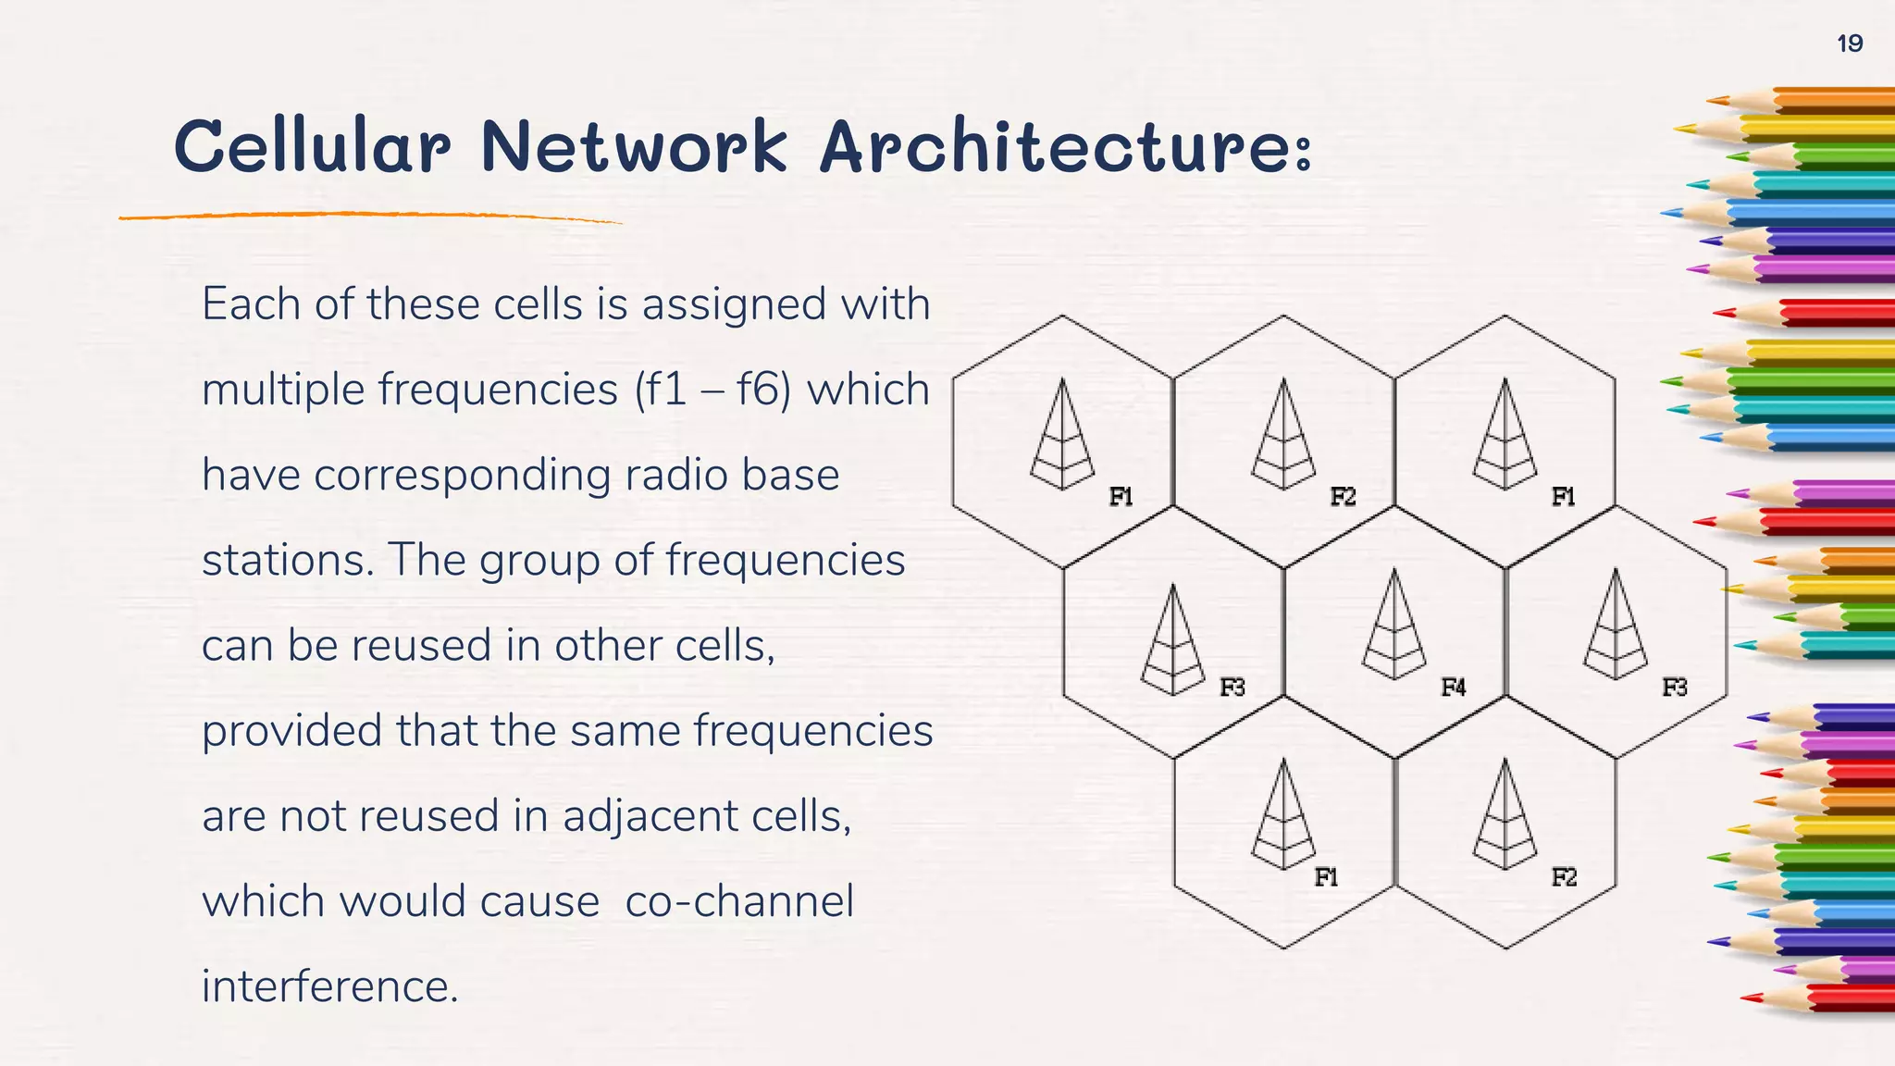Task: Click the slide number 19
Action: pyautogui.click(x=1849, y=43)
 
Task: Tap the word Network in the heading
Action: pyautogui.click(x=634, y=147)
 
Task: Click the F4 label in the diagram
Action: pyautogui.click(x=1453, y=688)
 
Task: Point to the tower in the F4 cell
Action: pyautogui.click(x=1394, y=625)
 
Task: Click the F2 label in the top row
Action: pyautogui.click(x=1343, y=497)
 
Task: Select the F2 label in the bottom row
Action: pyautogui.click(x=1564, y=877)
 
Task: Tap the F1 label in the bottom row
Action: pyautogui.click(x=1326, y=877)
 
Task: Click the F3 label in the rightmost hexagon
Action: pyautogui.click(x=1674, y=688)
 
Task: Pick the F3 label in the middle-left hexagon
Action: pyautogui.click(x=1232, y=688)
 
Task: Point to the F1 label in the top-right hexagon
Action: pyautogui.click(x=1563, y=497)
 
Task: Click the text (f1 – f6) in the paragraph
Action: pyautogui.click(x=712, y=390)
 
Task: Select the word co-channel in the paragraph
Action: pyautogui.click(x=739, y=901)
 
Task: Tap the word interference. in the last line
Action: pyautogui.click(x=330, y=986)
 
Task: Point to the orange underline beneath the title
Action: pyautogui.click(x=370, y=216)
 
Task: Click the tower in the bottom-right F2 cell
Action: pyautogui.click(x=1505, y=814)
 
